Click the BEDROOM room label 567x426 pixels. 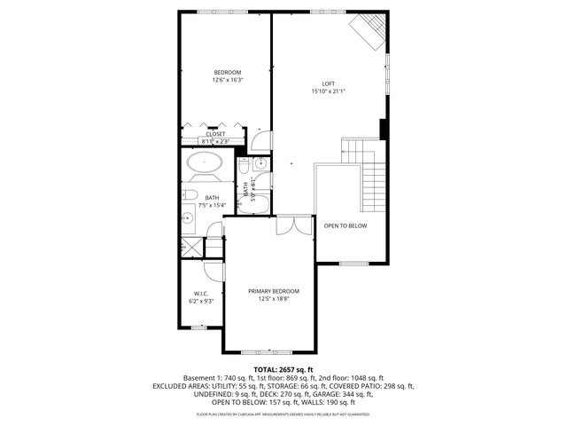pyautogui.click(x=227, y=72)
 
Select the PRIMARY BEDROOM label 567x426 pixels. pyautogui.click(x=273, y=291)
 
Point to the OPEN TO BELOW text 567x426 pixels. pyautogui.click(x=345, y=225)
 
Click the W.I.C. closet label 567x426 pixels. pyautogui.click(x=200, y=294)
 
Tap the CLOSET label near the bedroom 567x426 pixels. pyautogui.click(x=215, y=134)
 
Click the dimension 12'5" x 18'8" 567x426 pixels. pyautogui.click(x=273, y=299)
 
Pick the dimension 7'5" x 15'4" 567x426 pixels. pyautogui.click(x=213, y=206)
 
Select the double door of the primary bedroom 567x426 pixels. pyautogui.click(x=292, y=225)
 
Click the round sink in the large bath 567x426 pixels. pyautogui.click(x=189, y=216)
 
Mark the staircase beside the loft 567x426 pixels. pyautogui.click(x=370, y=169)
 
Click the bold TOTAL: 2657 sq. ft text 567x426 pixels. pyautogui.click(x=283, y=369)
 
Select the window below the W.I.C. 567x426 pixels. pyautogui.click(x=198, y=327)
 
